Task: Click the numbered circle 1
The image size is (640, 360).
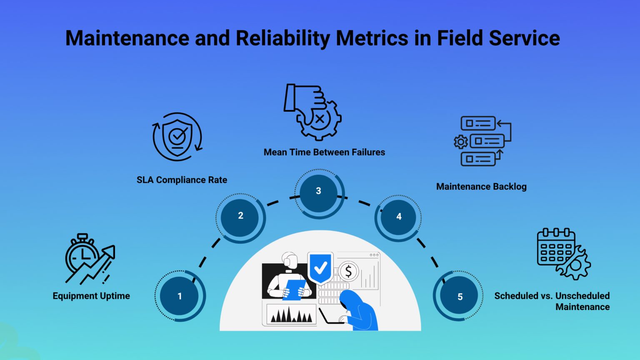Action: pyautogui.click(x=180, y=296)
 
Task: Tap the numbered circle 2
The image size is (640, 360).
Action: pyautogui.click(x=240, y=216)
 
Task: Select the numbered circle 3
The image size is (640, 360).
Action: pyautogui.click(x=319, y=191)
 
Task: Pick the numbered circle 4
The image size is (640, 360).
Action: pyautogui.click(x=399, y=217)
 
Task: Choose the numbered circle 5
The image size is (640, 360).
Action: pyautogui.click(x=460, y=297)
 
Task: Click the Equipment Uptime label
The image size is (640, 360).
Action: pyautogui.click(x=91, y=296)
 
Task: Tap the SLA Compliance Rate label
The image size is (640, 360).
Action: pyautogui.click(x=182, y=180)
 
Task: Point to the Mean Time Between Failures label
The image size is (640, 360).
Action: pyautogui.click(x=324, y=152)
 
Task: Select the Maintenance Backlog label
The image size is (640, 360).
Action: pyautogui.click(x=481, y=187)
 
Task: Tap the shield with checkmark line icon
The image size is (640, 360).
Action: pyautogui.click(x=177, y=137)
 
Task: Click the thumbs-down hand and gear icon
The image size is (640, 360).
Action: pyautogui.click(x=313, y=112)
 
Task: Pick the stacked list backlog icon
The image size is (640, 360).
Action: pyautogui.click(x=482, y=141)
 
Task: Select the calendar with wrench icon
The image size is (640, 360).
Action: pyautogui.click(x=563, y=253)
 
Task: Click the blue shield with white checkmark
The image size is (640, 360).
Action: pyautogui.click(x=320, y=267)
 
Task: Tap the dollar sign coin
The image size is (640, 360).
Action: pyautogui.click(x=348, y=272)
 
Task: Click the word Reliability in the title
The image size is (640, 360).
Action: pyautogui.click(x=283, y=38)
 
